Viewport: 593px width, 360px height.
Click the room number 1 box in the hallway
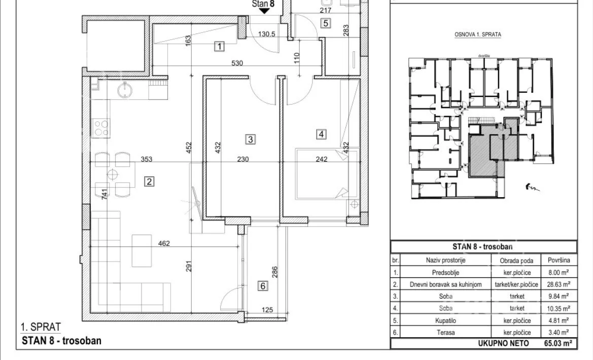tap(219, 47)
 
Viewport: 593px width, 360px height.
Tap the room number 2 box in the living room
tap(149, 182)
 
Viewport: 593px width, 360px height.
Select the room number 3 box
tap(251, 139)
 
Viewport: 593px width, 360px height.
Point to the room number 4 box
tap(321, 134)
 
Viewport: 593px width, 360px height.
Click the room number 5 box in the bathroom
tap(325, 23)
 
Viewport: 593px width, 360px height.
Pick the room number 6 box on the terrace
tap(263, 286)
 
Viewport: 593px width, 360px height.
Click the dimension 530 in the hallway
tap(237, 63)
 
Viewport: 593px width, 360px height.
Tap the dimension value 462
tap(164, 243)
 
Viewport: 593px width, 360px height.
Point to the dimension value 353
tap(147, 159)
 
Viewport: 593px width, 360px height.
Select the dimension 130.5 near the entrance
tap(267, 34)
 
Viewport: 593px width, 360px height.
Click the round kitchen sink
tap(125, 90)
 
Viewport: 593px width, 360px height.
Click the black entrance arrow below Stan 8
tap(264, 11)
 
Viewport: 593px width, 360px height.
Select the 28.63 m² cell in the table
tap(559, 284)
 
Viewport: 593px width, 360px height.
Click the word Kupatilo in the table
tap(445, 320)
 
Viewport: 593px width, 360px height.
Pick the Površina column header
tap(559, 260)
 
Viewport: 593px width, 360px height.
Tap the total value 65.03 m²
tap(558, 343)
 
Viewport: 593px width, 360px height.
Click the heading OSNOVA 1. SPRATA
tap(478, 34)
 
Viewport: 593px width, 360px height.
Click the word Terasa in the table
tap(445, 333)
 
